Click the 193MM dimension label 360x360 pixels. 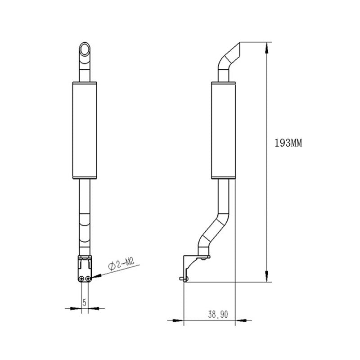288,143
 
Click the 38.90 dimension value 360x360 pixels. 218,314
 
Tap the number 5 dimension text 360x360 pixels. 85,302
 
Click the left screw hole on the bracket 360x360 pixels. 81,279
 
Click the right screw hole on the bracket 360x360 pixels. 88,279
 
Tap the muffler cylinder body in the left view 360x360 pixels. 85,130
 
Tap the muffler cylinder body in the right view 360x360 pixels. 223,130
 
